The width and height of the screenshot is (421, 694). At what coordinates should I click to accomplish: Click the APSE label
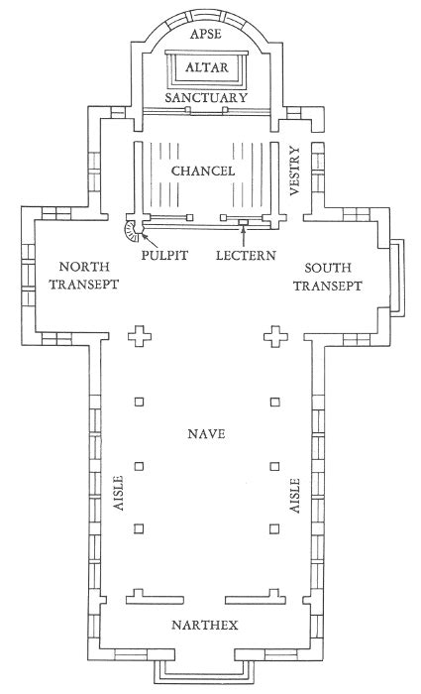click(x=205, y=35)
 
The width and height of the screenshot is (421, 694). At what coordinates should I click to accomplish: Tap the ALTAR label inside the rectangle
click(x=206, y=67)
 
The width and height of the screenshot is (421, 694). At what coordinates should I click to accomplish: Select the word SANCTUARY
click(x=206, y=98)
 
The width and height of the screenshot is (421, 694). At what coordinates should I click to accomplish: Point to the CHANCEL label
click(x=203, y=171)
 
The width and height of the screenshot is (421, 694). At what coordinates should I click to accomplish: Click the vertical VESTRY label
click(x=294, y=171)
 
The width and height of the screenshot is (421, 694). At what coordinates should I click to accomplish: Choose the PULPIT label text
click(x=164, y=256)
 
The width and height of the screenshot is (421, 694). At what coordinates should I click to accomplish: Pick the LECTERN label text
click(x=246, y=256)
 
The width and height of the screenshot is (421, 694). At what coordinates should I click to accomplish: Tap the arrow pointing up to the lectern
click(x=244, y=236)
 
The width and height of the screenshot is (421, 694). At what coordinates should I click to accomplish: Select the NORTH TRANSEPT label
click(x=84, y=276)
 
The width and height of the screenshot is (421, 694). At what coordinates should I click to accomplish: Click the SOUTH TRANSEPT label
click(x=328, y=277)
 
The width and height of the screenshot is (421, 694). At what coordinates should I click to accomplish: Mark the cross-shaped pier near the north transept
click(x=140, y=337)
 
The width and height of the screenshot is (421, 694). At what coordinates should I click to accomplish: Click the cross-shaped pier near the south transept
click(x=276, y=337)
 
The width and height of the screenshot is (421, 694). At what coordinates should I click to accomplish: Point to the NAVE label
click(x=206, y=434)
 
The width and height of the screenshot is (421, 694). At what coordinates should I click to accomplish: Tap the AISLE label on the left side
click(x=119, y=493)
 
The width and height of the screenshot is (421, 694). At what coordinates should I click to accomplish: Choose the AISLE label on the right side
click(x=294, y=496)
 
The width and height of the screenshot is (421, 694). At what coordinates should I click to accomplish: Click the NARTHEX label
click(x=205, y=625)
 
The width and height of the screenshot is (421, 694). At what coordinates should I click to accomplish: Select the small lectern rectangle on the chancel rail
click(x=244, y=221)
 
